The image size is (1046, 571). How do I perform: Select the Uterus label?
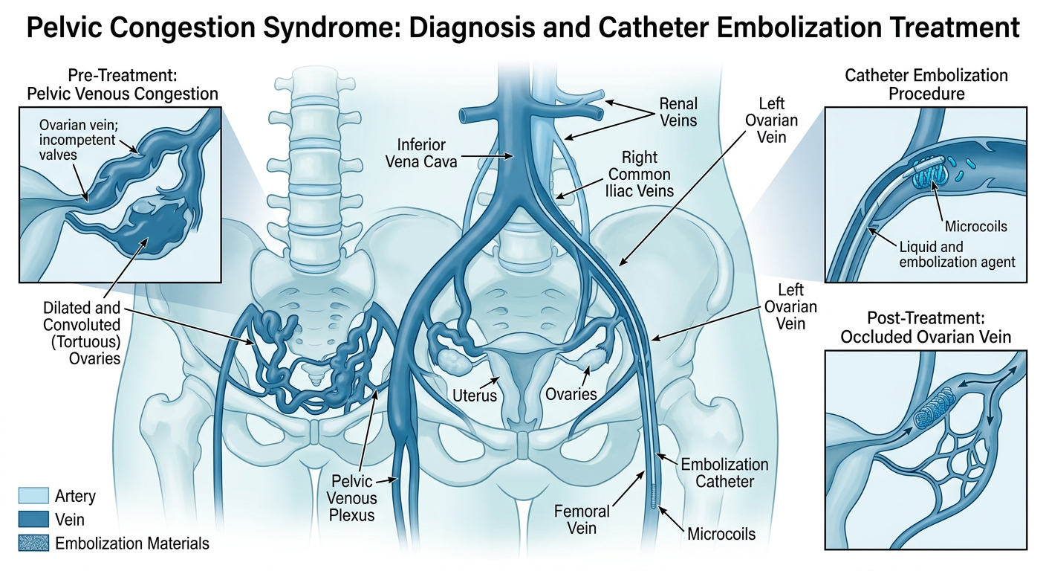[474, 395]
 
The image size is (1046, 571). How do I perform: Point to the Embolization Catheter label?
[724, 473]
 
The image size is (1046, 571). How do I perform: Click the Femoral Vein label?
[582, 520]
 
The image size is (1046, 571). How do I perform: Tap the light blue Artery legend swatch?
[32, 496]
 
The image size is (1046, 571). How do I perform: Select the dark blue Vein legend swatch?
[32, 520]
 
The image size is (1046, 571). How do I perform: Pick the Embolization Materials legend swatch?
[32, 543]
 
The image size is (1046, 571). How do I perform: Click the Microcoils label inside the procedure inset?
[975, 225]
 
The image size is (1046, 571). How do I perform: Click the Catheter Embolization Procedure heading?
[926, 85]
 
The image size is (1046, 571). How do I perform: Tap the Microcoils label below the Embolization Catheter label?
[721, 535]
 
